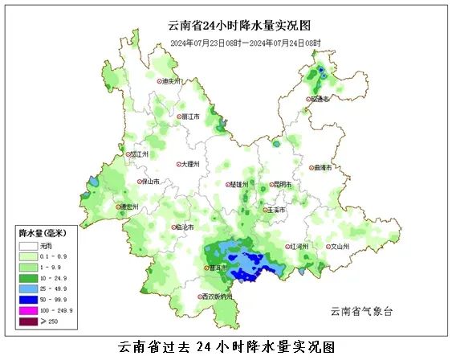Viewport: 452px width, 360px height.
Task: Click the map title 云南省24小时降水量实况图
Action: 226,27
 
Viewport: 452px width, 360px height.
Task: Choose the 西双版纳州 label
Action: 219,297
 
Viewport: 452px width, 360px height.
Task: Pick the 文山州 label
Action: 341,247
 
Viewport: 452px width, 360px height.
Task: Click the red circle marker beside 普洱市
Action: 205,268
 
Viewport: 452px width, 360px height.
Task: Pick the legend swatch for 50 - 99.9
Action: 28,298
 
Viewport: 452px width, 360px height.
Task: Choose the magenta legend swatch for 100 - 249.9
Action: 28,309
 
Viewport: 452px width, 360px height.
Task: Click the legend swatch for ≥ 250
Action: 28,321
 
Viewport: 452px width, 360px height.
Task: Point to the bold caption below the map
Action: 226,347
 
